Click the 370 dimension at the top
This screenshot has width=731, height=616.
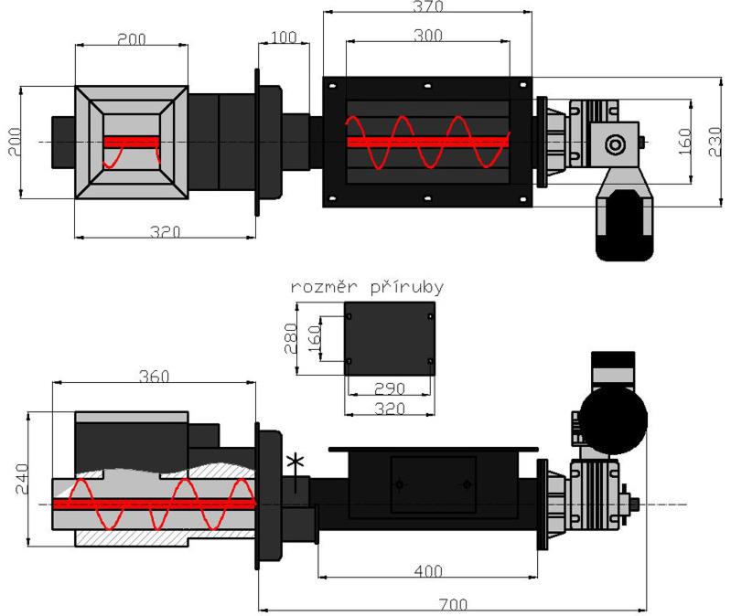[x=427, y=7]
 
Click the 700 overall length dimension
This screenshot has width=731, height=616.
[x=451, y=604]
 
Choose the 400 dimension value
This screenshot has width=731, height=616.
[x=425, y=570]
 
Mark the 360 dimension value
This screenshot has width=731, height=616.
[x=153, y=377]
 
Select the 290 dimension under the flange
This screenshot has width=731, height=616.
[x=388, y=388]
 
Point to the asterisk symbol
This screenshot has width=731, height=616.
[x=295, y=461]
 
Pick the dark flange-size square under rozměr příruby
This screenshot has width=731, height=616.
[x=390, y=337]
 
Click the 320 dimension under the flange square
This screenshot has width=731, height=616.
[x=388, y=408]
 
